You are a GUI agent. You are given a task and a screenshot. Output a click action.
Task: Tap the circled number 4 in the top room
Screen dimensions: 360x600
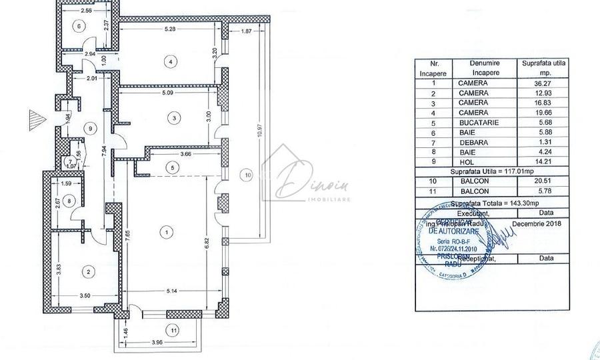171,61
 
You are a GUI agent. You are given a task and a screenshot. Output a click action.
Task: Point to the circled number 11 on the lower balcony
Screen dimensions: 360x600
172,329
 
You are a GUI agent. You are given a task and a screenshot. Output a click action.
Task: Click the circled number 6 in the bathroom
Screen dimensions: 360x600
79,27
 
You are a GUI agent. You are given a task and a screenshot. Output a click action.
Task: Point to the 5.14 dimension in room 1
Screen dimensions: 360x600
172,291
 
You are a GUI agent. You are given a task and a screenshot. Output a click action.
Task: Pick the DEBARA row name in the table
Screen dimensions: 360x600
473,141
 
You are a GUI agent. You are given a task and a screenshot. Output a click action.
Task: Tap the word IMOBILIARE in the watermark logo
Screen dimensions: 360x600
297,199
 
